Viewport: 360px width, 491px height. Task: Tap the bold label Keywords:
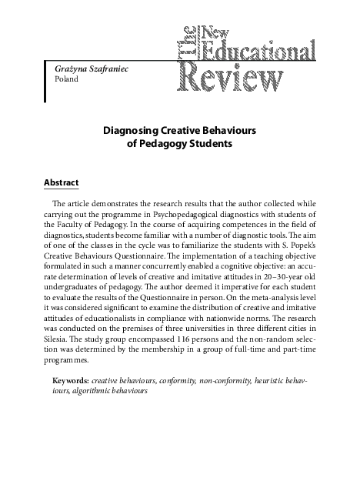[x=69, y=380]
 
